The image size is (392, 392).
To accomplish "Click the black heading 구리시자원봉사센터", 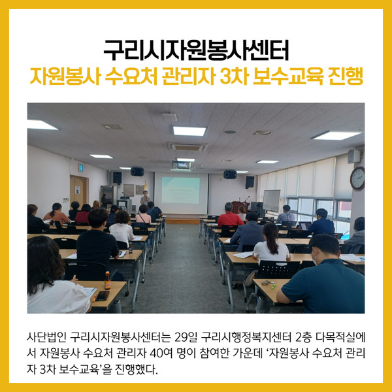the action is click(x=196, y=50).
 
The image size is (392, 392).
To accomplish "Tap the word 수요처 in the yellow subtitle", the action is click(x=131, y=76).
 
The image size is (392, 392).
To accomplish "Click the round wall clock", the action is click(x=357, y=178).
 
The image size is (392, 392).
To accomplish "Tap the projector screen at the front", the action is click(x=181, y=193).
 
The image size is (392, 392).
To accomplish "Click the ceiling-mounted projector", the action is click(x=181, y=165).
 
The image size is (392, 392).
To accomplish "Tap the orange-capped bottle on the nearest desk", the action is click(x=108, y=280).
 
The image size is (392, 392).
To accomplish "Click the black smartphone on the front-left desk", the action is click(x=103, y=296).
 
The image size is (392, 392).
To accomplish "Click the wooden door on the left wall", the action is click(x=78, y=191).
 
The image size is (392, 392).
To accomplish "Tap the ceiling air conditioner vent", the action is click(x=188, y=147).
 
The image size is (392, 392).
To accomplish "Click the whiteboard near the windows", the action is click(x=272, y=201).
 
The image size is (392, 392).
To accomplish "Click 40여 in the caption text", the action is click(x=161, y=353).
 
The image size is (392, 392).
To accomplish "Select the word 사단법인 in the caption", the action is click(x=46, y=338).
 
